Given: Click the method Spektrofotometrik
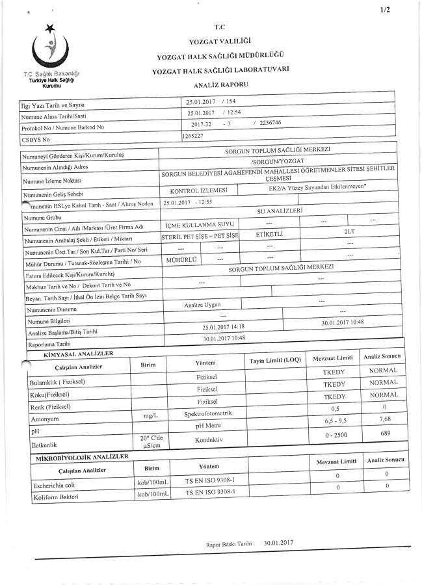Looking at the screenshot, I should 206,413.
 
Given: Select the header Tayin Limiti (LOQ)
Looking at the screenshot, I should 275,361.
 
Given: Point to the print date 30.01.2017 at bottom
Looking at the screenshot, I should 279,541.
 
